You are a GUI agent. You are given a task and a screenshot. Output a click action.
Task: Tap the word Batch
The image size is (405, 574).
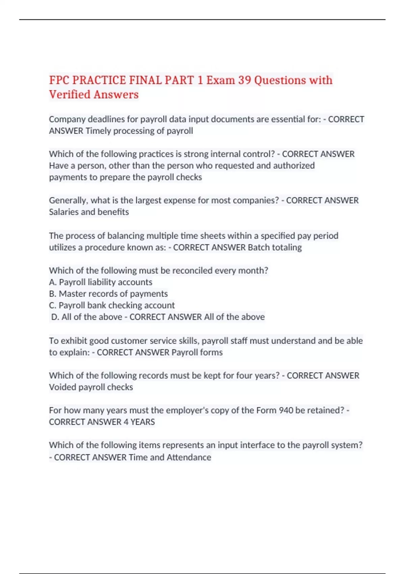(259, 247)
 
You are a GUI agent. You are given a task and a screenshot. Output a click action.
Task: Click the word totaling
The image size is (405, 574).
(287, 247)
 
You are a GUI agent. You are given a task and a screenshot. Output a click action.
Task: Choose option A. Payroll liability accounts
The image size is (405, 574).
(101, 282)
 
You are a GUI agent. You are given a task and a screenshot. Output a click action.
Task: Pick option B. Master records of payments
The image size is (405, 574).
(108, 294)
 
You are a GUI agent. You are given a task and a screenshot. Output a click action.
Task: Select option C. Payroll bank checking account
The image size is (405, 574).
(112, 305)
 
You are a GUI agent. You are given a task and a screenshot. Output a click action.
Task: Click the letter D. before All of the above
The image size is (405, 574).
(55, 317)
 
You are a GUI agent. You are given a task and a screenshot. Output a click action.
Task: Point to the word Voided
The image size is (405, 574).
(62, 387)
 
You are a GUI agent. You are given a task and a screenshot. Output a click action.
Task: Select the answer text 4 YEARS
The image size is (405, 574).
(139, 422)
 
